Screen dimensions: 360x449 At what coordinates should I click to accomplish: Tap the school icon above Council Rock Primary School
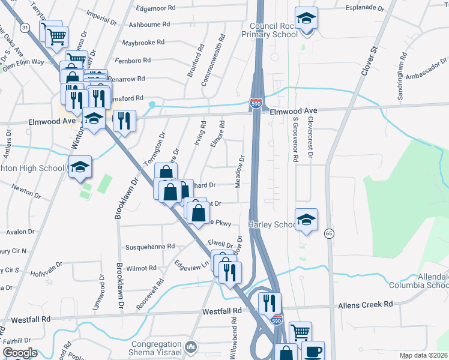pos(306,19)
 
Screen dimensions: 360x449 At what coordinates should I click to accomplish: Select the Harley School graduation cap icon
pos(306,220)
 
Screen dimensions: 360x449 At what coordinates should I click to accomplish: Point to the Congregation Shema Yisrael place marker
pos(191,346)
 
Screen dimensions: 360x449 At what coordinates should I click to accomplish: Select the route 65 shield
pos(328,232)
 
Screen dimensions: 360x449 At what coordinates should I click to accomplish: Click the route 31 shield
pos(24,28)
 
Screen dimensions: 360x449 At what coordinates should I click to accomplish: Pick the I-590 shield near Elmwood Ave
pos(256,104)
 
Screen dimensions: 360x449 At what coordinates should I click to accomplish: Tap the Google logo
pos(19,353)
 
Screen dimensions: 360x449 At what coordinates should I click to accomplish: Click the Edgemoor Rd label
pos(155,8)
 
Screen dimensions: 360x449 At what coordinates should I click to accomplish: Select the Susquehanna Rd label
pos(150,247)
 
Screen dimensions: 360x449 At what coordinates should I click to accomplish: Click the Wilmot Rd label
pos(141,268)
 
